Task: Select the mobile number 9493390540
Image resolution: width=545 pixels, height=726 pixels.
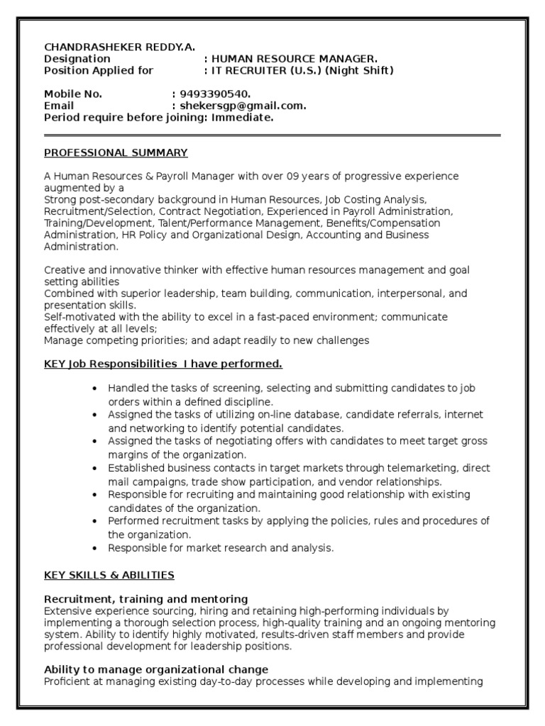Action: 216,94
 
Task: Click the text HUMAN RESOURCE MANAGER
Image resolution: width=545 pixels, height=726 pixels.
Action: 295,59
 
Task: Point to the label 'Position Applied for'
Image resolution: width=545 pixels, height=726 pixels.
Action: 99,70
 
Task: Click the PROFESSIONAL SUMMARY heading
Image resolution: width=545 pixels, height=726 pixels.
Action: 116,152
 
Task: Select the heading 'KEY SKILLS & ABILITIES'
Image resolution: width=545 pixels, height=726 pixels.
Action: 109,575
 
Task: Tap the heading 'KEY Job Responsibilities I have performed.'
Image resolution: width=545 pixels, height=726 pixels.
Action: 163,364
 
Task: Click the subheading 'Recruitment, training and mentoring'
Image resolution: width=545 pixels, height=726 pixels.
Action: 146,599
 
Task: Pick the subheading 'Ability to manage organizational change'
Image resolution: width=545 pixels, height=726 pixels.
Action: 156,669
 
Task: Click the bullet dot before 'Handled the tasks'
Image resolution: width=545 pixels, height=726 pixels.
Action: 94,389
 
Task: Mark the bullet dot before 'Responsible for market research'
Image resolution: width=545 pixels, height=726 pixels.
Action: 94,548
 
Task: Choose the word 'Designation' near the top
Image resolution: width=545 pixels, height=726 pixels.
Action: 77,59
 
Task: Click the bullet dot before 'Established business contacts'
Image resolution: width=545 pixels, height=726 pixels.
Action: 94,469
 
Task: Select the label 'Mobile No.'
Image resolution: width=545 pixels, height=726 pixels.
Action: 73,94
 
